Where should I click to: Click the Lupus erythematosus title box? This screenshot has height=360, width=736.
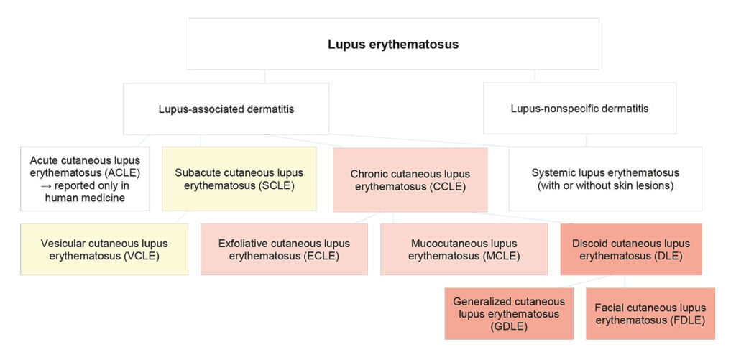pos(392,45)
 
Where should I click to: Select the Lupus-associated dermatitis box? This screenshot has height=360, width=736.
pos(226,109)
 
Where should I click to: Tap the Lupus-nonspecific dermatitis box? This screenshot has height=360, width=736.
pos(579,109)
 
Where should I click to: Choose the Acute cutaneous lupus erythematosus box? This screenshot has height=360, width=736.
pos(85,179)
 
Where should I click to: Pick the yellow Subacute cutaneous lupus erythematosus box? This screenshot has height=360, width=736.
pos(239,179)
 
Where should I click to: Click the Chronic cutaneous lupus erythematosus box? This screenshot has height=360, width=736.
pos(410,180)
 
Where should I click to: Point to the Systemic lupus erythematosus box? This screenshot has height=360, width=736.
pos(605,179)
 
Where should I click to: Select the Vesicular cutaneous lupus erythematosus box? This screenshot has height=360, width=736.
pos(104,249)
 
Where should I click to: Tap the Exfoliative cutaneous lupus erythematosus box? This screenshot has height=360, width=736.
pos(284,249)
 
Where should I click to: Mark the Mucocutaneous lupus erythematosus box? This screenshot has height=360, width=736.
pos(464,249)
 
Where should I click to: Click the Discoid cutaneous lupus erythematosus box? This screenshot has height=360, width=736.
pos(630,249)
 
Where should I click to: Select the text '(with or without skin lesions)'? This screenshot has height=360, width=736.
pos(605,185)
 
